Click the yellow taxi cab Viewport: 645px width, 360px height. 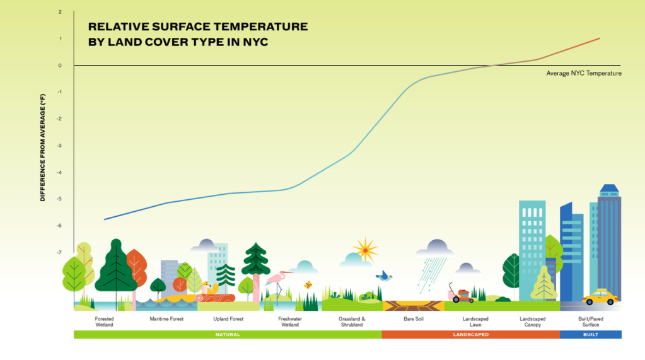point(600,297)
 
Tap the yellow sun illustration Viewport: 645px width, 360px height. point(365,249)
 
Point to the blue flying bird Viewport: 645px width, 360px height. point(384,276)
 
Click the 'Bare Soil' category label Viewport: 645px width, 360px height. point(413,319)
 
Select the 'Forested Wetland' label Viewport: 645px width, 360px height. point(104,322)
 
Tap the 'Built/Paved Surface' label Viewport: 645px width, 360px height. point(591,322)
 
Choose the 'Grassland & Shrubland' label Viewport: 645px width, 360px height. point(351,322)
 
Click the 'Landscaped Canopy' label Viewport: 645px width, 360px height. point(533,322)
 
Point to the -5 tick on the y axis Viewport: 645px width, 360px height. point(60,199)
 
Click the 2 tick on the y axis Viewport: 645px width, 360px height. point(60,13)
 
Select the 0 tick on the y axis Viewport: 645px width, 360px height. point(60,66)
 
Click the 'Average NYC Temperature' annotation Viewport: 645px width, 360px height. point(584,74)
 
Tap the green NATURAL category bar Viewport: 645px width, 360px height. point(227,335)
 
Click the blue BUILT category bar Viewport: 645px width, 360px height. point(591,335)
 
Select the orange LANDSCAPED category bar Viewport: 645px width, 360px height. point(470,335)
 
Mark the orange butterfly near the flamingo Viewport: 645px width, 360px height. point(308,284)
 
